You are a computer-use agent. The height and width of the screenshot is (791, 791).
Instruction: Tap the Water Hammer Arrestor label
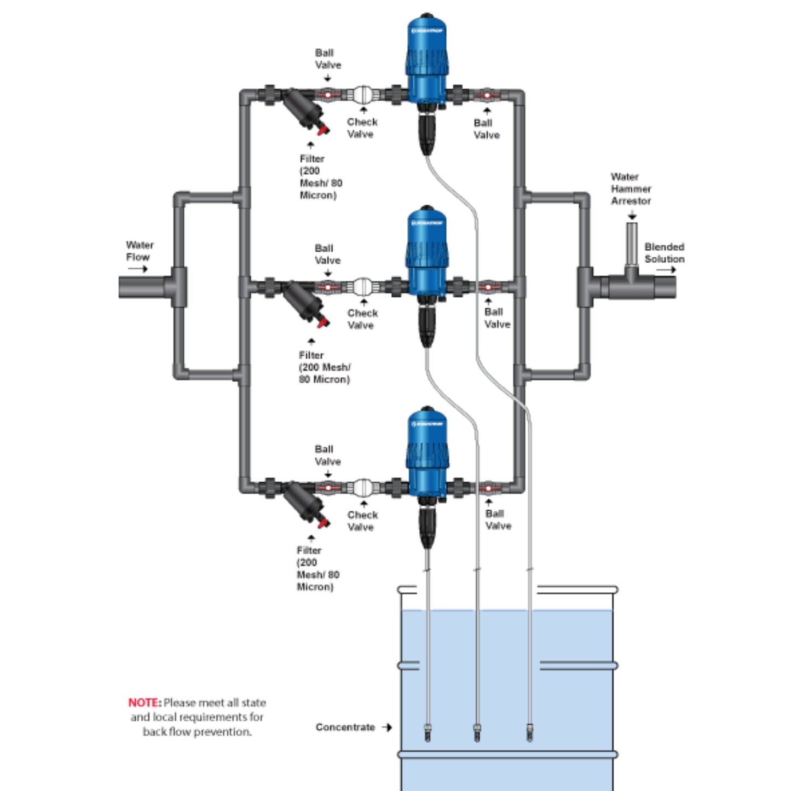coord(631,189)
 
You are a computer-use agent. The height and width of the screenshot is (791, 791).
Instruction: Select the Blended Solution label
coord(664,253)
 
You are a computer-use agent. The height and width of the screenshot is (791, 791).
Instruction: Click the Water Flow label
coord(139,251)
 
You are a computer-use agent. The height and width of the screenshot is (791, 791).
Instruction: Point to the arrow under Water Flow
coord(138,269)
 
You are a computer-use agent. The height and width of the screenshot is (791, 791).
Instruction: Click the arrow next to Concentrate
coord(387,727)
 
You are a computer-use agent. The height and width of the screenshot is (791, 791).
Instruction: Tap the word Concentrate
coord(345,727)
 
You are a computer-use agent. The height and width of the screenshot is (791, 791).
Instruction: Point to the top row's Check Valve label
coord(362,128)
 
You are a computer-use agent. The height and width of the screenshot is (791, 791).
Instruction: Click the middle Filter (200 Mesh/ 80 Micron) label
coord(324,367)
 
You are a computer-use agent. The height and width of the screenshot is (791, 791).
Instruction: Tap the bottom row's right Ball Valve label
coord(498,519)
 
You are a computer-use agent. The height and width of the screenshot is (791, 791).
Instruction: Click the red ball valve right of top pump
coord(487,95)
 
